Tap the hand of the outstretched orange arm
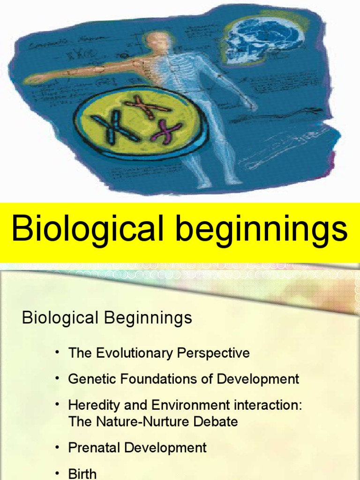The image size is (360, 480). pos(35,79)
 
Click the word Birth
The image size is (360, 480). pos(82,473)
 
